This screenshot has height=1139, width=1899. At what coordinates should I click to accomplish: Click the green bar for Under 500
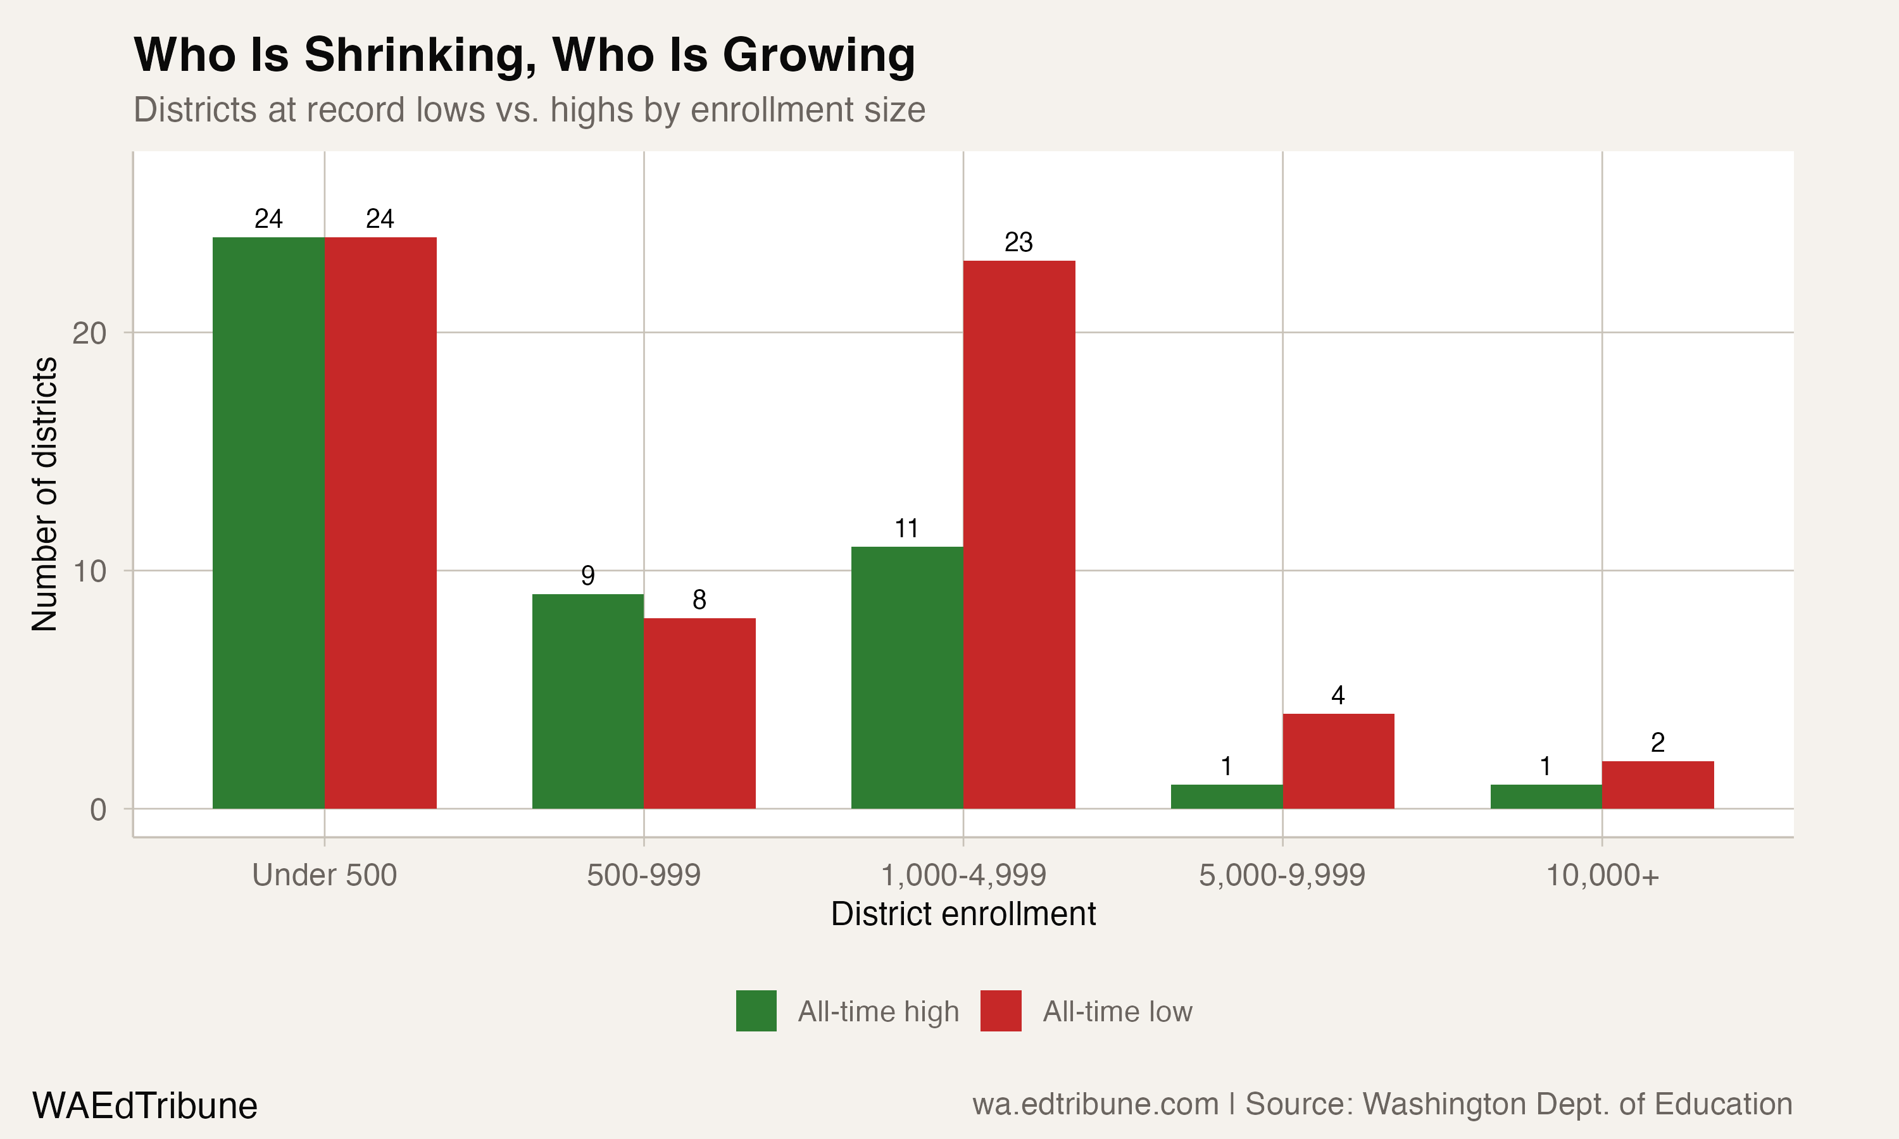[268, 523]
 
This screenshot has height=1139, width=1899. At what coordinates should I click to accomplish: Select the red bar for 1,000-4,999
[1018, 534]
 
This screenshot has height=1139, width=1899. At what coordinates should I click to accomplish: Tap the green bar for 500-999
[587, 700]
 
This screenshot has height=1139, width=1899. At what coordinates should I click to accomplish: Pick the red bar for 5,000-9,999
[1338, 761]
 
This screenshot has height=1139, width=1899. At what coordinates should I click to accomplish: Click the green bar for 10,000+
[1546, 796]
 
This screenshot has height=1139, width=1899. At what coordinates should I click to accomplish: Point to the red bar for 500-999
[699, 713]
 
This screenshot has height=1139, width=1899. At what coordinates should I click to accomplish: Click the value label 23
[1018, 242]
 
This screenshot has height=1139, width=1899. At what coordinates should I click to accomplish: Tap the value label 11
[906, 529]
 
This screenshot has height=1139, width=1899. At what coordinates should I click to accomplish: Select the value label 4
[1338, 695]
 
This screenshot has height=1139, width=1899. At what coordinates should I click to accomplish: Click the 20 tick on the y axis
[89, 333]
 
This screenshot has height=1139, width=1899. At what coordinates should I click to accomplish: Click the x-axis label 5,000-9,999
[1282, 875]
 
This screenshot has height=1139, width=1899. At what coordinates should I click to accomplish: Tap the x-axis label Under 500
[324, 875]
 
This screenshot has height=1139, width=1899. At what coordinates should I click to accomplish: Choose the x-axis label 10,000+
[1602, 875]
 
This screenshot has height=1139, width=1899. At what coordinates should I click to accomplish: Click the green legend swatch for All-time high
[756, 1011]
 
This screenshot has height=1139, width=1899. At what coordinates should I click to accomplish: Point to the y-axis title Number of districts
[44, 494]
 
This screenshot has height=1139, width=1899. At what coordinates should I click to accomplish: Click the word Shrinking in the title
[420, 55]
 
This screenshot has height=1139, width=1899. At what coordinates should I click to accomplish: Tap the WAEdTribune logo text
[144, 1105]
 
